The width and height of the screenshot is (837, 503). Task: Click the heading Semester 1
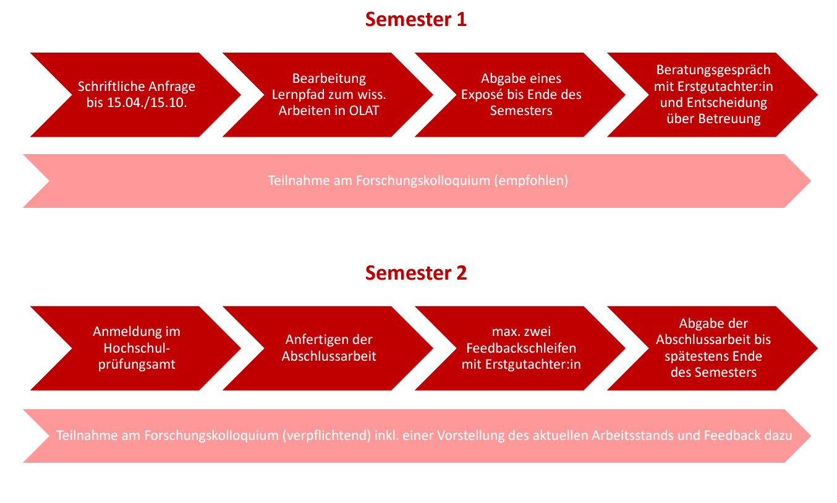416,19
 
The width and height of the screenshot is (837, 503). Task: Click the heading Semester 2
416,273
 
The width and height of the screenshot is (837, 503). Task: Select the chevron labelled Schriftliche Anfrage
135,95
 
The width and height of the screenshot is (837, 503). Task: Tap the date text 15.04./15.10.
147,103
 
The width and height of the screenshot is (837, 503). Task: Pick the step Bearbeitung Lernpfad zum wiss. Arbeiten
328,95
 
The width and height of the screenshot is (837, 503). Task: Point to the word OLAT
364,111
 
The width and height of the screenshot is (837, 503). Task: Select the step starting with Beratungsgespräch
713,95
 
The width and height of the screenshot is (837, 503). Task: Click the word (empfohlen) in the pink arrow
531,181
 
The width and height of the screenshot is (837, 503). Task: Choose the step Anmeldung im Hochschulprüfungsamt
135,348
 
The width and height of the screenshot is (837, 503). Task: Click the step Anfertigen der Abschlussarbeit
328,348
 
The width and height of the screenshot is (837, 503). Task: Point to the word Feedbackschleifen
521,348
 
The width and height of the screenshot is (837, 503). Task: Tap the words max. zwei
521,332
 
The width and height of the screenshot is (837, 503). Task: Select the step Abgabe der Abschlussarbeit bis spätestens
713,348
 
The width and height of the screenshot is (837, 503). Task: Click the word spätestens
690,356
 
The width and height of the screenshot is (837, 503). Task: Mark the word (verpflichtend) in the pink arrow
326,436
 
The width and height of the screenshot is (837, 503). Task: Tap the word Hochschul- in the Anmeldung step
137,348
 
